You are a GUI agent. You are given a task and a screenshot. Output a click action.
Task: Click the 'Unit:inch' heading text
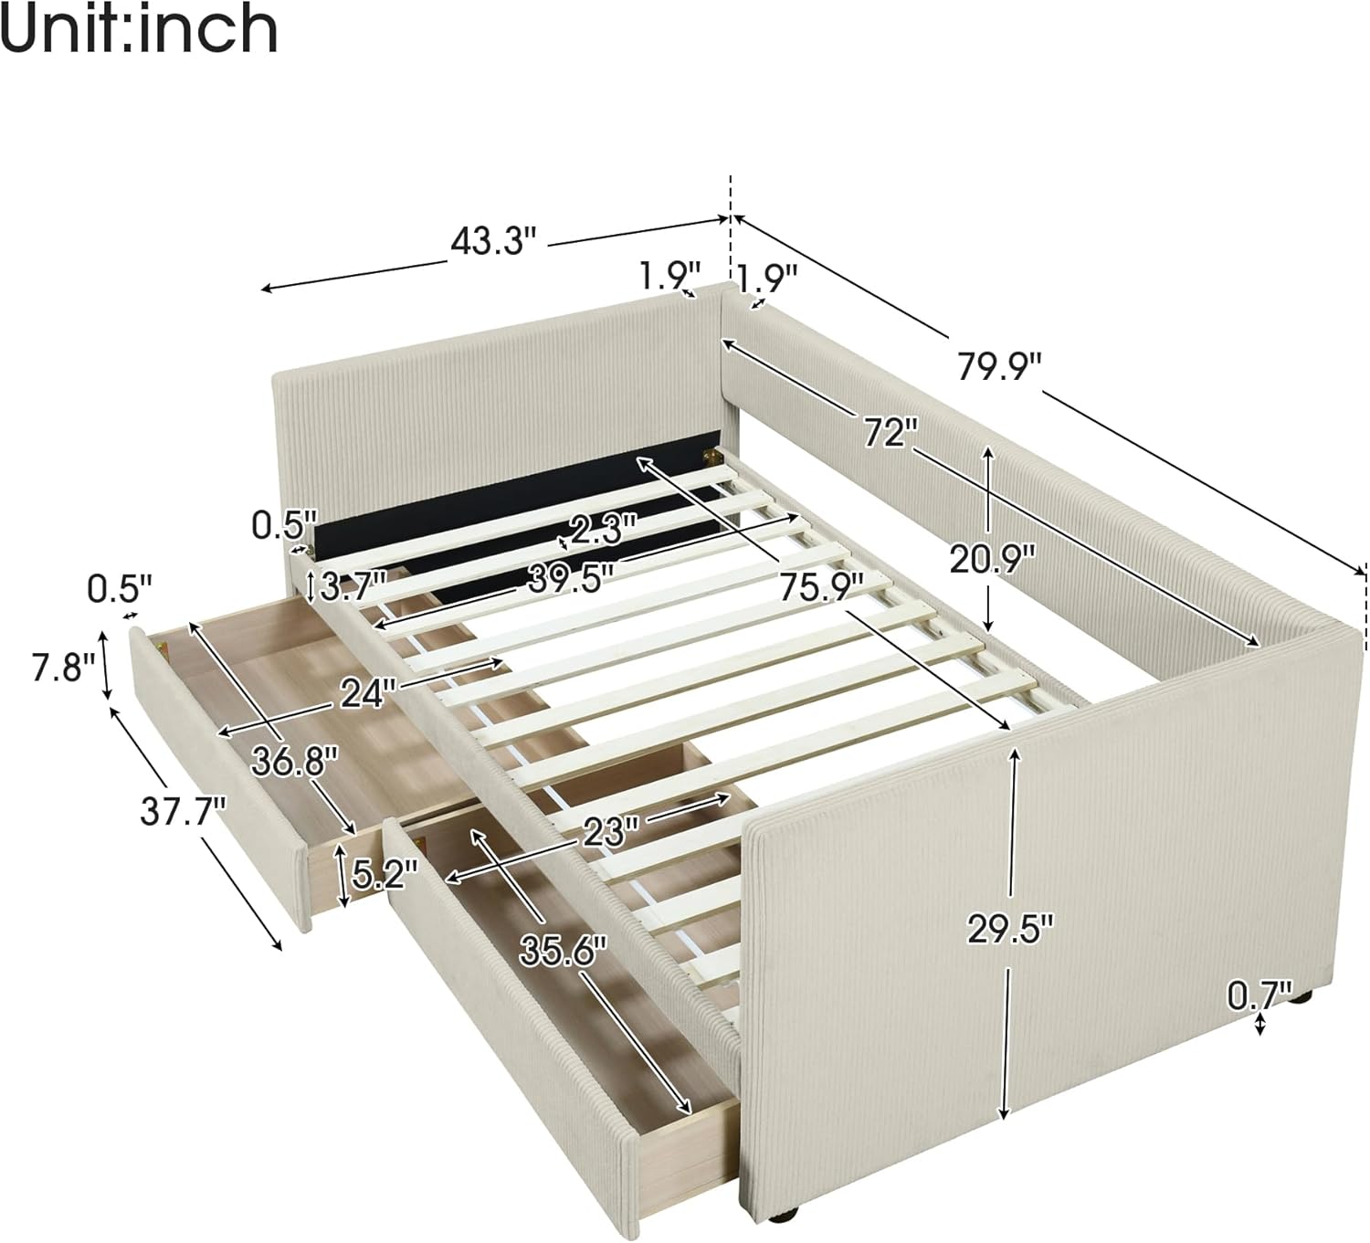point(139,30)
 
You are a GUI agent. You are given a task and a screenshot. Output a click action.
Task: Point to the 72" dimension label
point(888,432)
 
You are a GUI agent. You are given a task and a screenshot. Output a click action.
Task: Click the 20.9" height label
point(991,558)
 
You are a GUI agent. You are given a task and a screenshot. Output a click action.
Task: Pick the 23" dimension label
point(611,830)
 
